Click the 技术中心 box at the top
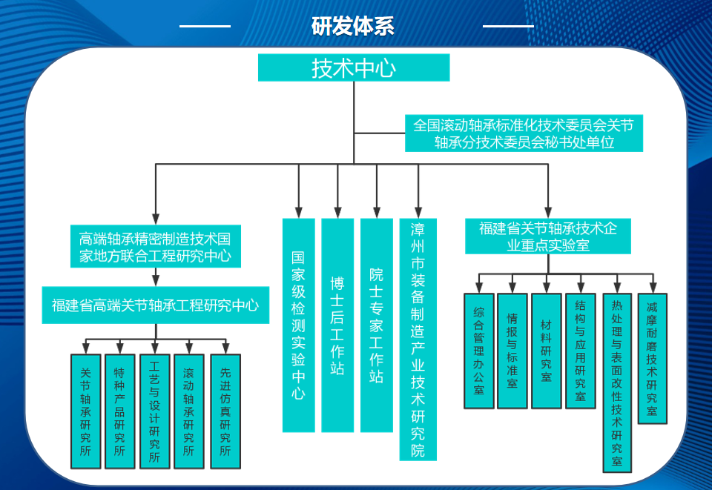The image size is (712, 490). (x=354, y=67)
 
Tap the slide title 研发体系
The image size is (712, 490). (x=353, y=26)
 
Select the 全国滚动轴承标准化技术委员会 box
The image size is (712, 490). (x=524, y=133)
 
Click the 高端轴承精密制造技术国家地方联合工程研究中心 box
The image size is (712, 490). (x=155, y=248)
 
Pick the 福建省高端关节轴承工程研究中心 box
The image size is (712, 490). (x=155, y=305)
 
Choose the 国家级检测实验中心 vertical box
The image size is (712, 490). (x=298, y=325)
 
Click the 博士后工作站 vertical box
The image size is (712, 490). (x=337, y=325)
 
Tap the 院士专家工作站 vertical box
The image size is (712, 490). (x=377, y=325)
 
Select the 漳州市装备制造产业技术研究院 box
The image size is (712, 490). (x=418, y=339)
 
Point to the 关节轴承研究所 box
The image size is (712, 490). (x=85, y=411)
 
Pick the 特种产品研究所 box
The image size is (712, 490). (x=119, y=411)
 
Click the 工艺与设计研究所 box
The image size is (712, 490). (x=154, y=411)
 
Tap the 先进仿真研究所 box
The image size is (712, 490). (x=225, y=411)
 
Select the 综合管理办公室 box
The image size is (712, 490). (x=478, y=351)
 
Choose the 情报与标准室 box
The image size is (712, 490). (x=512, y=351)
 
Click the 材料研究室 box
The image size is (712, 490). (x=546, y=351)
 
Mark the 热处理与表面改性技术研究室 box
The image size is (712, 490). (x=617, y=383)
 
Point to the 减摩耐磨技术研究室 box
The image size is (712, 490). (x=652, y=359)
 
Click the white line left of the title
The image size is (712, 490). (x=205, y=26)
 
